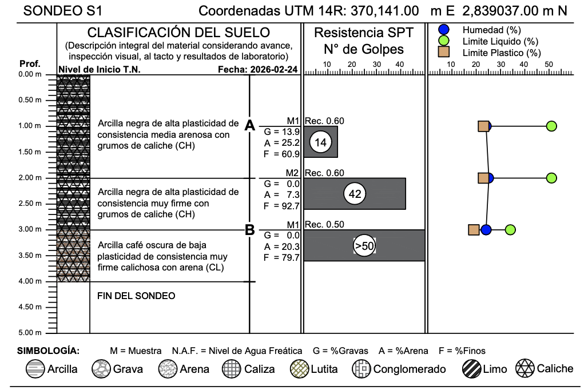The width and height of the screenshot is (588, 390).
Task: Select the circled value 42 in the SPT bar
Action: pos(355,194)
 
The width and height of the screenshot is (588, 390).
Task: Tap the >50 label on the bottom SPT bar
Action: pos(364,246)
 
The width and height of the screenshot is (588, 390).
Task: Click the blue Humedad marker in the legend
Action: pos(443,30)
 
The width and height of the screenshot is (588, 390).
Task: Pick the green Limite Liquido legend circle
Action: pos(443,41)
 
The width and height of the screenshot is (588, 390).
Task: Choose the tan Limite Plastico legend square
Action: pos(443,52)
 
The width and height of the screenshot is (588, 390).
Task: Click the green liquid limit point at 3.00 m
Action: pos(511,230)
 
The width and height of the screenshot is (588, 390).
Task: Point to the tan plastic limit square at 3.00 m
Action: pos(474,230)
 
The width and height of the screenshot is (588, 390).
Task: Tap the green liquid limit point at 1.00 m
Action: pos(551,126)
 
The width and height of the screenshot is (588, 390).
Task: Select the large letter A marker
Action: pos(249,126)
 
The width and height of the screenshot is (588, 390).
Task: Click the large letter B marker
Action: pos(249,230)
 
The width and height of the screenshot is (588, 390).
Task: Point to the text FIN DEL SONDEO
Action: pos(136,296)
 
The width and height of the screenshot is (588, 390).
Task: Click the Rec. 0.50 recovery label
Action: pos(324,224)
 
